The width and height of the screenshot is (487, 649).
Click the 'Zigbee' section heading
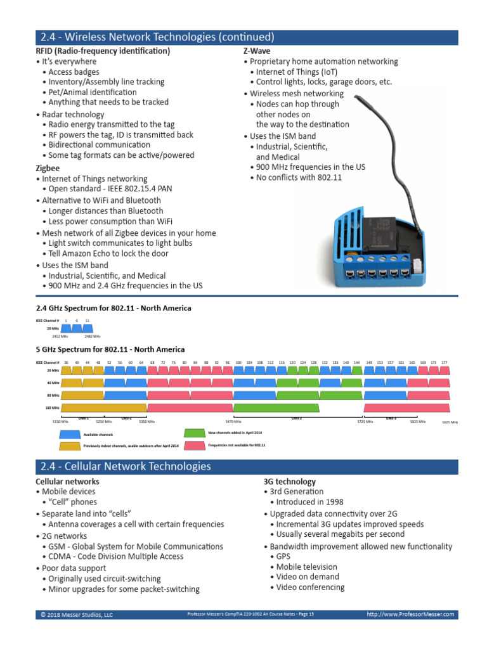[x=48, y=169]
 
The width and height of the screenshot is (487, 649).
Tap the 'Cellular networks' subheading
[x=67, y=482]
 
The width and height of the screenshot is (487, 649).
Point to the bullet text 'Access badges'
[x=74, y=72]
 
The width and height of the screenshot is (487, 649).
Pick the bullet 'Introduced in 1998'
[x=305, y=502]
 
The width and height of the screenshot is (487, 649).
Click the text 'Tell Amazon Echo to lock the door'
[x=108, y=254]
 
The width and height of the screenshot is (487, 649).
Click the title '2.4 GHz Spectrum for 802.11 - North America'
[x=113, y=308]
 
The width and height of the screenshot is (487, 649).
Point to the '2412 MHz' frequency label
[x=60, y=337]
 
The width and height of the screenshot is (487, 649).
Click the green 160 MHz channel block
[x=276, y=408]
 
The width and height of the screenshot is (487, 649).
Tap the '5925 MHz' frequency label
[x=450, y=421]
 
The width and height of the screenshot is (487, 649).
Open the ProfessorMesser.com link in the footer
[x=410, y=614]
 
